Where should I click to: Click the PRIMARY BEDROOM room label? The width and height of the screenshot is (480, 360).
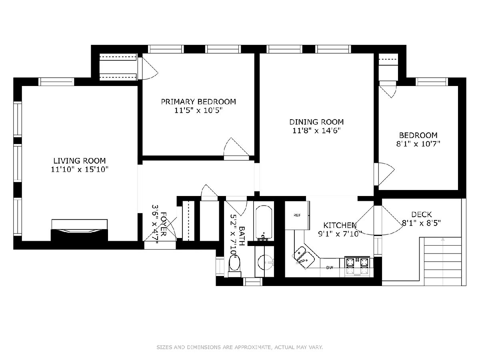[198, 102]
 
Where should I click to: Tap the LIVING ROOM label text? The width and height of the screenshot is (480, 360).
[80, 161]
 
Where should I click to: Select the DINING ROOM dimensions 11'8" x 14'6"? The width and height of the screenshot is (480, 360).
[317, 131]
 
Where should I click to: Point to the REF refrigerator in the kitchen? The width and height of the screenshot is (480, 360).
[297, 215]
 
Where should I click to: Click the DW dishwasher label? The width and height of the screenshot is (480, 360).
[330, 268]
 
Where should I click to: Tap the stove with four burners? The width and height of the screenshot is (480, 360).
[357, 266]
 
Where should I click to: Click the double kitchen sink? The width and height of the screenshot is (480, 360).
[304, 258]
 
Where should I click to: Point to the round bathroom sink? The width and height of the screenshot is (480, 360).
[265, 262]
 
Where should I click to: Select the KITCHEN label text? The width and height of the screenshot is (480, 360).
[340, 225]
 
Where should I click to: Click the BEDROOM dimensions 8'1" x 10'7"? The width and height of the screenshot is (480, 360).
[418, 144]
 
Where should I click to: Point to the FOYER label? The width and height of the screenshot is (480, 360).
[163, 224]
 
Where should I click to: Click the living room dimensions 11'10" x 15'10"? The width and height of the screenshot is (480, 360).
[80, 169]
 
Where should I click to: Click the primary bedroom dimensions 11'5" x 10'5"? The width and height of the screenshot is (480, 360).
[198, 110]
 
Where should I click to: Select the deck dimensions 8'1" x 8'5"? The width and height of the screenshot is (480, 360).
[421, 223]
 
